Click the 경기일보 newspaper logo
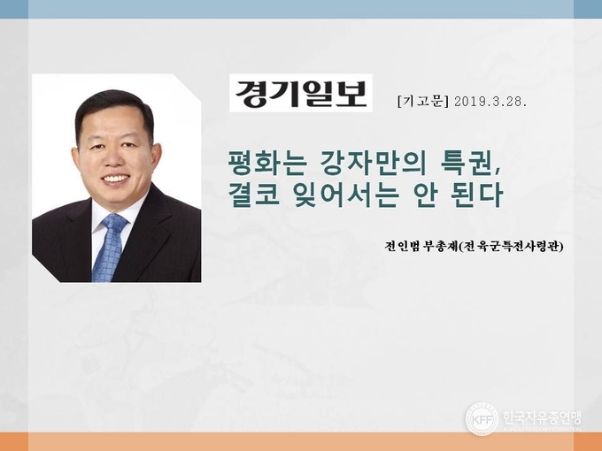(x=301, y=93)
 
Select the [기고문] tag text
(x=423, y=101)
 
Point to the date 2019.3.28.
(x=490, y=102)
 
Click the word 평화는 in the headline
(x=267, y=163)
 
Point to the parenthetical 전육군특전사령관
(x=511, y=246)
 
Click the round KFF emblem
(x=482, y=419)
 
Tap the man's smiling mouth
(x=116, y=179)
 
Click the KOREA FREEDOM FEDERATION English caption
(x=542, y=429)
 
